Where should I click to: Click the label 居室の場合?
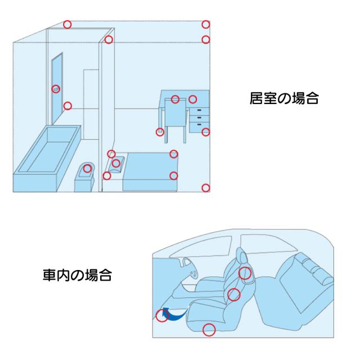coord(284,99)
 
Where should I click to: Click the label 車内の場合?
coord(77,276)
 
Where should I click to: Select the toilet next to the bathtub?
coord(86,177)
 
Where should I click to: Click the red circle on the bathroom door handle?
coord(56,89)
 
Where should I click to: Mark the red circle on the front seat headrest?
coord(245,273)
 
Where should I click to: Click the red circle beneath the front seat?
coord(209,330)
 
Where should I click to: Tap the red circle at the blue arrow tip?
coord(162,316)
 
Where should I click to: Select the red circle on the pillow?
coord(116,163)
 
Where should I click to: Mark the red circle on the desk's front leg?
coord(160,132)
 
